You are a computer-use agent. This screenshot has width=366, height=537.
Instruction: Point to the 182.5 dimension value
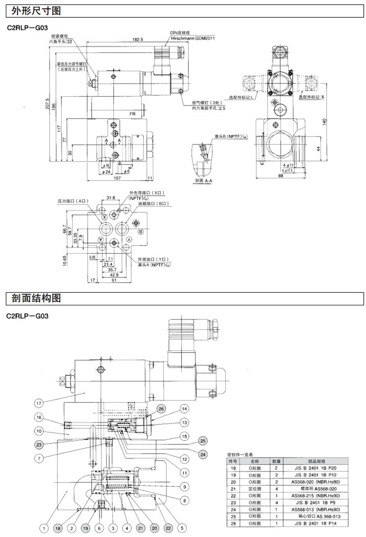pyautogui.click(x=138, y=40)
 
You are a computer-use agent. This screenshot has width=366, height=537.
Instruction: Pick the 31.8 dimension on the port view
pyautogui.click(x=110, y=198)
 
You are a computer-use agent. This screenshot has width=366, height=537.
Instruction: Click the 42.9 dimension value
pyautogui.click(x=113, y=275)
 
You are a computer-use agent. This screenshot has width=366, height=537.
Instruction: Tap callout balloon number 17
pyautogui.click(x=39, y=403)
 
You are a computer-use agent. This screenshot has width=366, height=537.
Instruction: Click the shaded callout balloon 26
pyautogui.click(x=162, y=408)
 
